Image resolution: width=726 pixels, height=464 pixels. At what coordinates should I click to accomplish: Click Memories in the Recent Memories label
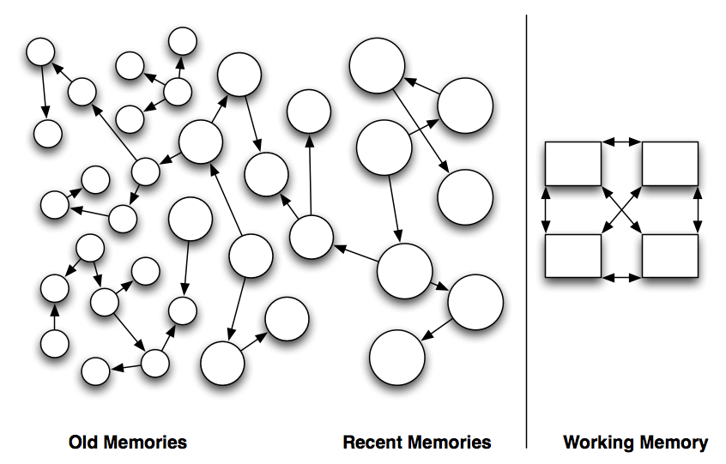click(x=451, y=443)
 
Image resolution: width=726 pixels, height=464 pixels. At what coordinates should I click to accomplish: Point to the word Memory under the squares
click(x=675, y=443)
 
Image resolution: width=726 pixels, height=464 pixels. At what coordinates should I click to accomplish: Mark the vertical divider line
click(x=527, y=232)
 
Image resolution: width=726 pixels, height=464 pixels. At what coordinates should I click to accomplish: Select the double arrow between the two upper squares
click(x=621, y=141)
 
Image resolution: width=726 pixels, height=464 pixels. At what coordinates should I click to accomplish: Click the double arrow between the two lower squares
click(x=621, y=277)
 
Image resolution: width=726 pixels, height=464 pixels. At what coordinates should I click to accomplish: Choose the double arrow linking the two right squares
click(x=697, y=208)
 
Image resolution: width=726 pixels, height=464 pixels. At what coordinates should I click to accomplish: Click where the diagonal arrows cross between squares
click(x=622, y=208)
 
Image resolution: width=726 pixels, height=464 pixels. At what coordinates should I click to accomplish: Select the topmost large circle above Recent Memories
click(x=377, y=65)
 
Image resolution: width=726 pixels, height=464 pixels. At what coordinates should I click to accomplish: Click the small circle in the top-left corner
click(x=39, y=52)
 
